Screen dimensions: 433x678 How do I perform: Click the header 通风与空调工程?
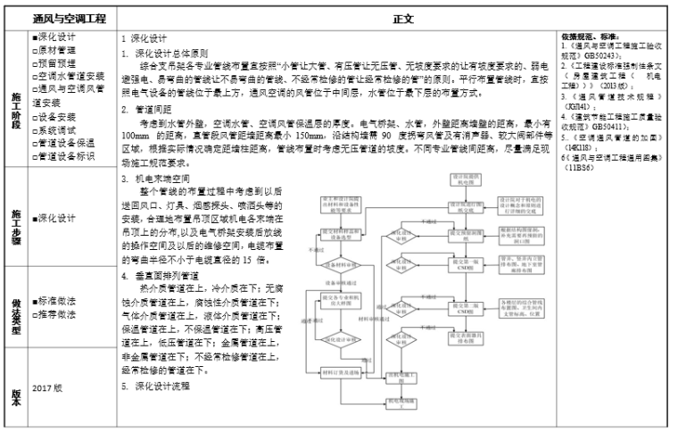(69, 18)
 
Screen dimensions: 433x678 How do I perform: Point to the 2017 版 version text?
(47, 389)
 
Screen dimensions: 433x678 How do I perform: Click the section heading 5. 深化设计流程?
(156, 387)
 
